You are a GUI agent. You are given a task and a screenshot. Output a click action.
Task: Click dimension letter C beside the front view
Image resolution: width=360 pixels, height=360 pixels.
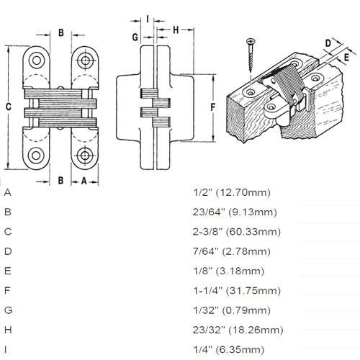(x=8, y=106)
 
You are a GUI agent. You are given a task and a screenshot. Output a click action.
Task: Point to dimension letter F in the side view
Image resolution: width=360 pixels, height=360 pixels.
(x=214, y=107)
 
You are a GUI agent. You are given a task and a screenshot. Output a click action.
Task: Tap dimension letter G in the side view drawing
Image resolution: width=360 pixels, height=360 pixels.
(x=135, y=35)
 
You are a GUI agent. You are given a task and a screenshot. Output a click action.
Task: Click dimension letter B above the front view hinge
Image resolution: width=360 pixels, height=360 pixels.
(x=61, y=32)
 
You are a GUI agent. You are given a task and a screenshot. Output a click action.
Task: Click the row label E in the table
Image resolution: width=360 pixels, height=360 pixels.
(x=7, y=271)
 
